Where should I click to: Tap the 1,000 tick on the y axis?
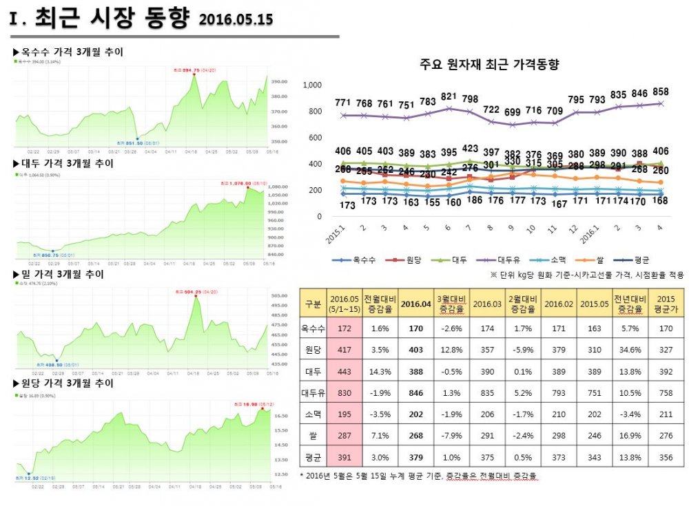point(313,85)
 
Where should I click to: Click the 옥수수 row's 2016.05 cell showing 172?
point(342,329)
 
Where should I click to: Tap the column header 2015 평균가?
point(666,304)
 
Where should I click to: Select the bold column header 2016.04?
point(416,304)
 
